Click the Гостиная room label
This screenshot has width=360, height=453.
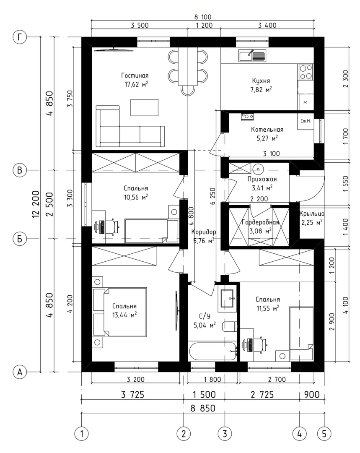pos(135,75)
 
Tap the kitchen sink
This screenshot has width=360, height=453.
pos(252,55)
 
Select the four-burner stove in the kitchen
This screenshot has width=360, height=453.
pos(306,72)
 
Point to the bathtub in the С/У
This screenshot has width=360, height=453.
pos(213,351)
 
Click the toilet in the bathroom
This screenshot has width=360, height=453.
pos(230,327)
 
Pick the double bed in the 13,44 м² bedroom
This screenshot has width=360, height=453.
pos(119,312)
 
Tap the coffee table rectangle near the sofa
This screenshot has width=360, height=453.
pos(144,107)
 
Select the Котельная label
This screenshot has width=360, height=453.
pos(267,130)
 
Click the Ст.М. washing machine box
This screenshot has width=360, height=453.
pos(306,121)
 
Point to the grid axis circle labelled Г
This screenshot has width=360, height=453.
pos(20,37)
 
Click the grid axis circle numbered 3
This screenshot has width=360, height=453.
pos(225,433)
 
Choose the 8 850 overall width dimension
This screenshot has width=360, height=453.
pos(203,408)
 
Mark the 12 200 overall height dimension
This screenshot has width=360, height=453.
pos(36,204)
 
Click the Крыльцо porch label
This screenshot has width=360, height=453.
pos(312,214)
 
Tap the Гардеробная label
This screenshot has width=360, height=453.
pos(260,222)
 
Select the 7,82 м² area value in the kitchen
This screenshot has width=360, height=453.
pos(261,90)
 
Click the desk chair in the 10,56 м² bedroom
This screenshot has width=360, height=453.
pos(113,227)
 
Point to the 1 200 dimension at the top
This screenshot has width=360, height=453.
pos(204,25)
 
